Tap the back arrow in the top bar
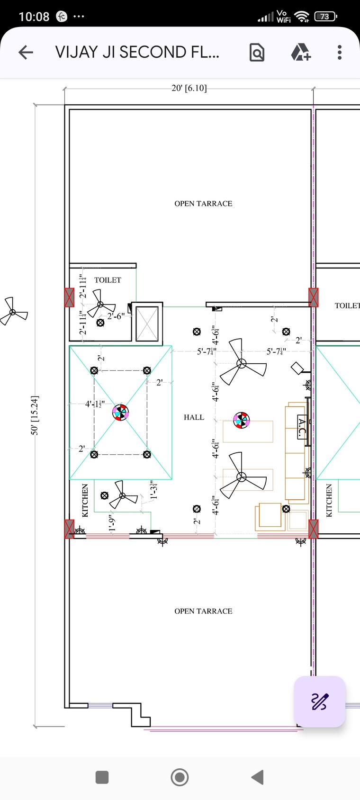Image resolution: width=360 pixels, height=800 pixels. [26, 52]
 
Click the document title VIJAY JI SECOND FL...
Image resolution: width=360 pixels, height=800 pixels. [137, 52]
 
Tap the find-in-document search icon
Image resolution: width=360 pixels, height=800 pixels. [257, 52]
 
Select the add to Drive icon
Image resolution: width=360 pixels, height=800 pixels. [300, 52]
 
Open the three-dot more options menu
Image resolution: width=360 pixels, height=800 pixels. [340, 52]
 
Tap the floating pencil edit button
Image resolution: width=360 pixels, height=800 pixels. [319, 701]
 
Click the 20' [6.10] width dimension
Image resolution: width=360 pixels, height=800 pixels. [189, 88]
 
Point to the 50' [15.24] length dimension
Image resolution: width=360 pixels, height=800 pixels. [35, 415]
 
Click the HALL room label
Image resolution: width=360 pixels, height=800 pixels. [194, 417]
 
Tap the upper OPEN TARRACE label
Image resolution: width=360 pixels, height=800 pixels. [203, 204]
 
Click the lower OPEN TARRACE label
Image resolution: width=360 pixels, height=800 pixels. [203, 611]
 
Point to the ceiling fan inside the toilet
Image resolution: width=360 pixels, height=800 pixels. [100, 305]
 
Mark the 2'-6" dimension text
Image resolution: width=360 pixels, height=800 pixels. [116, 316]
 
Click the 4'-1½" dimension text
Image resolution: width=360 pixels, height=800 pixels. [95, 404]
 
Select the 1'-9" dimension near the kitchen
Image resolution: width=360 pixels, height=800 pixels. [112, 523]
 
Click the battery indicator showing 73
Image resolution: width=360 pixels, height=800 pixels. [325, 17]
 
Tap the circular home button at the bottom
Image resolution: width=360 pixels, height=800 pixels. [180, 777]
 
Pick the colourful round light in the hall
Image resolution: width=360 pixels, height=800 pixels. [241, 420]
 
